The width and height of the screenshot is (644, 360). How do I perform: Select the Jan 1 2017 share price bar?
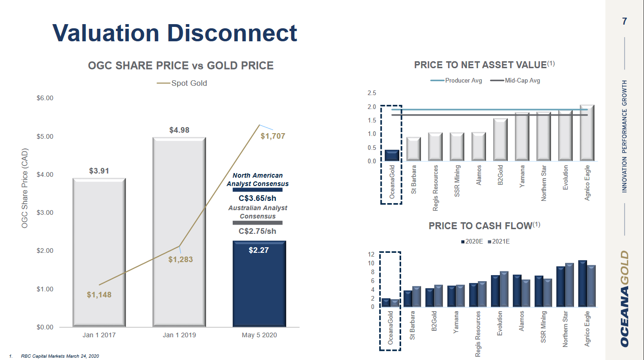tap(99, 253)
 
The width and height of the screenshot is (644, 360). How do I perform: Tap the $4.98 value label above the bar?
tap(179, 130)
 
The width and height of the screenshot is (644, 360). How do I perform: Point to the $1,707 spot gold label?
tap(273, 136)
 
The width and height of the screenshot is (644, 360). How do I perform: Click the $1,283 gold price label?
tap(181, 259)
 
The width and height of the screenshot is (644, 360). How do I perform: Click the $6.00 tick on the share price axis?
tap(45, 98)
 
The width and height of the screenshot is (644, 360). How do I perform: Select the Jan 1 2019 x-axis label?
tap(179, 335)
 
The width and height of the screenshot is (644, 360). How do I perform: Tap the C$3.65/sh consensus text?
tap(257, 198)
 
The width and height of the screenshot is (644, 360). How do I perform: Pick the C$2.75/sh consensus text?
tap(257, 231)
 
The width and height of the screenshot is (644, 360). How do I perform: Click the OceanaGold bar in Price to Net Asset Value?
tap(391, 155)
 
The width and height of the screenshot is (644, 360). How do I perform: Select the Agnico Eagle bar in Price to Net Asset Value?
tap(587, 134)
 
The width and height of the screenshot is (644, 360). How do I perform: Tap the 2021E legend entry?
tap(499, 241)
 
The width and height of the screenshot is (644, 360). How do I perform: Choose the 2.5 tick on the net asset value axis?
tap(372, 93)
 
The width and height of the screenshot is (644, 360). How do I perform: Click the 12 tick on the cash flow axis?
tap(371, 255)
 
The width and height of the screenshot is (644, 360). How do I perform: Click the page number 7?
tap(624, 21)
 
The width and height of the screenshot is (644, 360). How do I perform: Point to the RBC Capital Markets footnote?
tap(60, 356)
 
